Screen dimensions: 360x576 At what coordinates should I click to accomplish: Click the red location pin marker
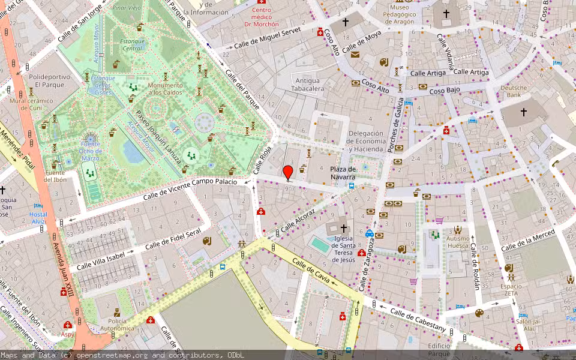(288, 173)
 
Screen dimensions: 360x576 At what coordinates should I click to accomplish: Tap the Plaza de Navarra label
(343, 173)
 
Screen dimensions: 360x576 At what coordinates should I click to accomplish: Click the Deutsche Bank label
(513, 91)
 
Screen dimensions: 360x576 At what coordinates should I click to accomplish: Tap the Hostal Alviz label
(38, 217)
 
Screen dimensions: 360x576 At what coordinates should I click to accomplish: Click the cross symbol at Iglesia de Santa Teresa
(344, 228)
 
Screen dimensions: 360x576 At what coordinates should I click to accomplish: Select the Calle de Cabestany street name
(418, 319)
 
